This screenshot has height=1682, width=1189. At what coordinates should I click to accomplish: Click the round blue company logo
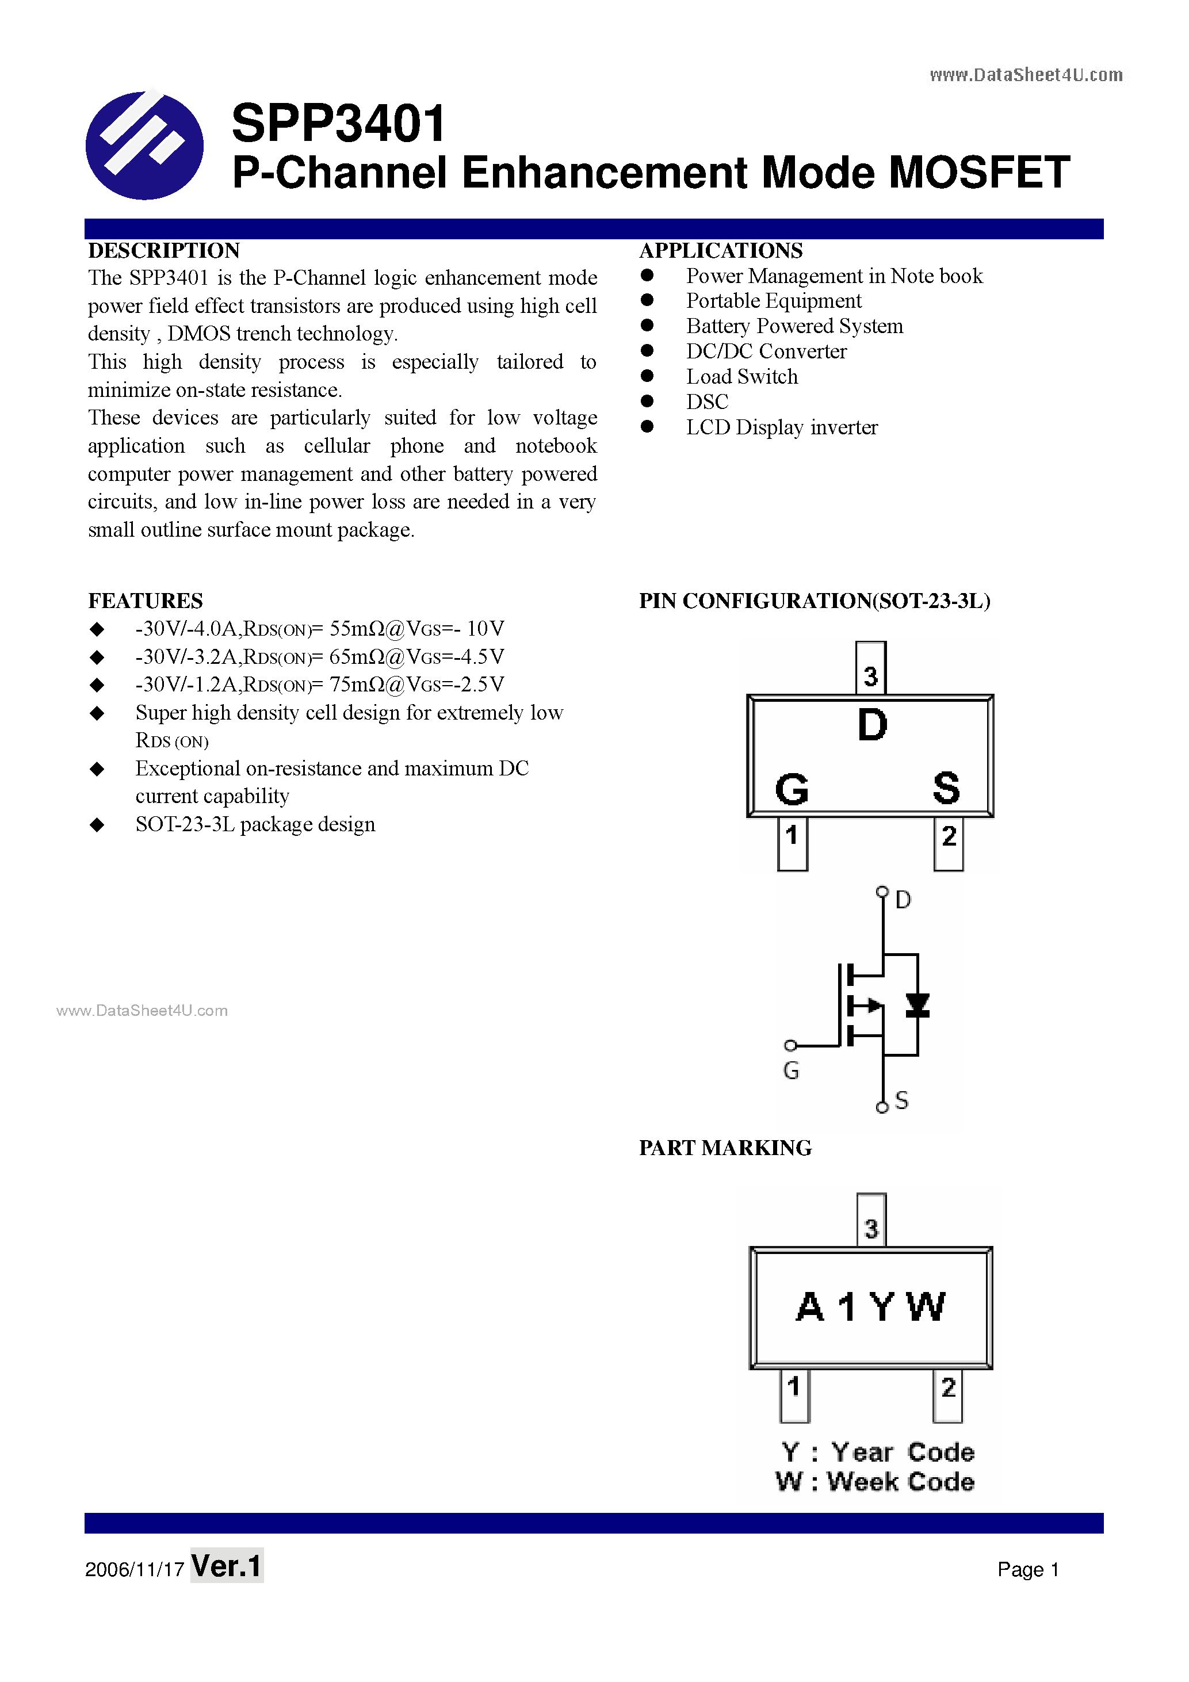pyautogui.click(x=144, y=145)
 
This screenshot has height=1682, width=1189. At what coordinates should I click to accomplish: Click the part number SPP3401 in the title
pyautogui.click(x=338, y=123)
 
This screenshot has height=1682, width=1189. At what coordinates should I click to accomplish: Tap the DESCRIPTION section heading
pyautogui.click(x=164, y=251)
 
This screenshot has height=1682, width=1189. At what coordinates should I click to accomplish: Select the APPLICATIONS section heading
pyautogui.click(x=721, y=251)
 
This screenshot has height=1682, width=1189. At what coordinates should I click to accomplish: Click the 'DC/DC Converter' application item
pyautogui.click(x=766, y=351)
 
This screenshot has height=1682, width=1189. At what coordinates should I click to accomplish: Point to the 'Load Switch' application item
pyautogui.click(x=741, y=377)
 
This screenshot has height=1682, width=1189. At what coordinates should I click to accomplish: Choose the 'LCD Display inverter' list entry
pyautogui.click(x=782, y=427)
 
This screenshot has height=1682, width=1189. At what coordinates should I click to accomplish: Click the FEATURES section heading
pyautogui.click(x=146, y=601)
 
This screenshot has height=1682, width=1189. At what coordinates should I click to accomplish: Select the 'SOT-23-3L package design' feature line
pyautogui.click(x=255, y=824)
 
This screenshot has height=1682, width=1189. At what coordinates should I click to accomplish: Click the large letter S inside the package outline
pyautogui.click(x=946, y=788)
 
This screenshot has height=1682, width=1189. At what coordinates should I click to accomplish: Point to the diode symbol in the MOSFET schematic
pyautogui.click(x=917, y=1005)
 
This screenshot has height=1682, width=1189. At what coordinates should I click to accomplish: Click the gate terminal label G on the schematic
pyautogui.click(x=791, y=1071)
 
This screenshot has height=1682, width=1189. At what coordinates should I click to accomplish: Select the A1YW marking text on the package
pyautogui.click(x=870, y=1308)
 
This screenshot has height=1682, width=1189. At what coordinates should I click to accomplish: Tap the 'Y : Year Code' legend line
pyautogui.click(x=877, y=1452)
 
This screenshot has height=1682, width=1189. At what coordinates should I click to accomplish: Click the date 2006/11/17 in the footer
pyautogui.click(x=135, y=1569)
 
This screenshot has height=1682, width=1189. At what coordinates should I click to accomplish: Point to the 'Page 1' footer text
pyautogui.click(x=1028, y=1569)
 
